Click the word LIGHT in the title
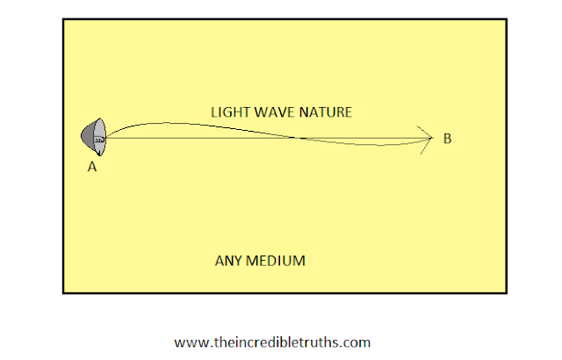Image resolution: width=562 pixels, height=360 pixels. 228,112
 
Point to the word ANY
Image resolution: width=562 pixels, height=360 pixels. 228,261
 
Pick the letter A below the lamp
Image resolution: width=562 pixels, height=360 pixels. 91,165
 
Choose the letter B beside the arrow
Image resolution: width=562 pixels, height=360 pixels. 448,138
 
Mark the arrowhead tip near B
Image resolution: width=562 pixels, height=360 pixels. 434,138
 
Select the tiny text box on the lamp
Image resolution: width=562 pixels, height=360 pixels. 99,139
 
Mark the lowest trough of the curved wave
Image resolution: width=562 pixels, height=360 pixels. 378,146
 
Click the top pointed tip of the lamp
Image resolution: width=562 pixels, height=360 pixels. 100,119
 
